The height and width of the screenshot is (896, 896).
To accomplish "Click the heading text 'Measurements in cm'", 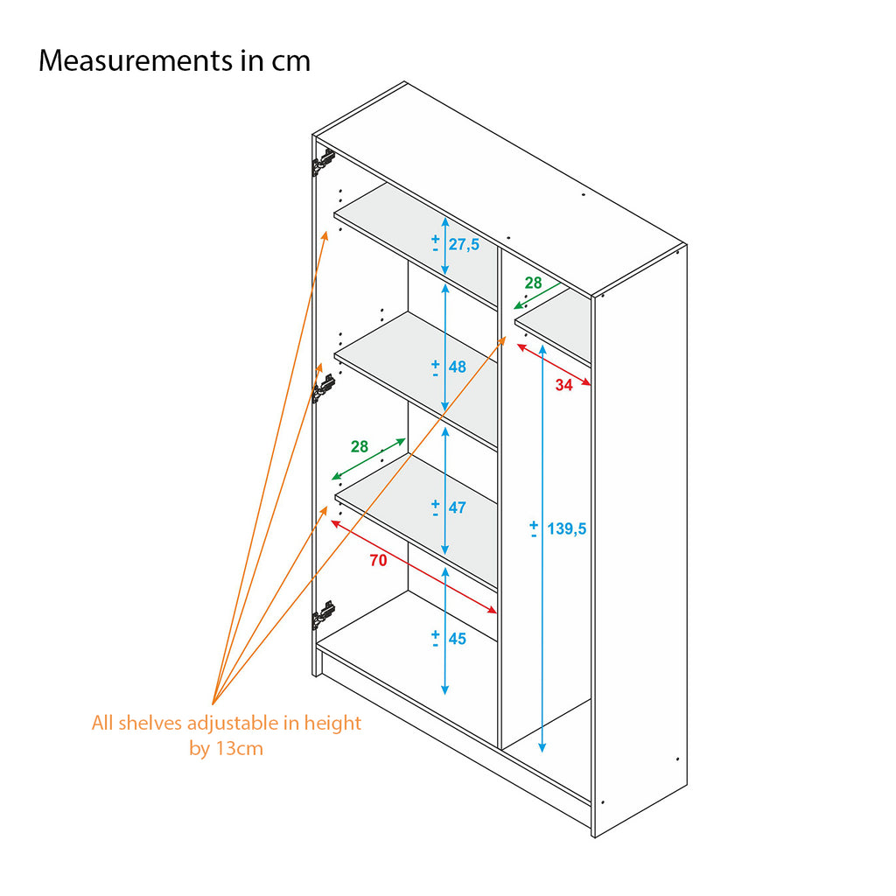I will pyautogui.click(x=174, y=61).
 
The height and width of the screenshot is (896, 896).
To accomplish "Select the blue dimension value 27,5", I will pyautogui.click(x=464, y=244).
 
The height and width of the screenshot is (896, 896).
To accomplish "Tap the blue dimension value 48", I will pyautogui.click(x=458, y=367).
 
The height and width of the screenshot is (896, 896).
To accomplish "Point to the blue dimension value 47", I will pyautogui.click(x=458, y=507).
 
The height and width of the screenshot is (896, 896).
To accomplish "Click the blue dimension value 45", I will pyautogui.click(x=458, y=639).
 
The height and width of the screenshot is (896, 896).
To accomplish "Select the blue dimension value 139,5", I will pyautogui.click(x=566, y=528).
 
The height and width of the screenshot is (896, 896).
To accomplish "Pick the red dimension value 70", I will pyautogui.click(x=378, y=561).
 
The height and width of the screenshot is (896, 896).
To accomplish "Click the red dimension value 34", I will pyautogui.click(x=563, y=384).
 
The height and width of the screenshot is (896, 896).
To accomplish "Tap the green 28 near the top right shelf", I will pyautogui.click(x=533, y=283).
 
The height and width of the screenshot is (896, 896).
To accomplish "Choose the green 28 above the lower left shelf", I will pyautogui.click(x=360, y=446).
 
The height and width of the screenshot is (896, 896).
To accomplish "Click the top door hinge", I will pyautogui.click(x=324, y=162).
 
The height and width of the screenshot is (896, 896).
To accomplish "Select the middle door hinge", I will pyautogui.click(x=324, y=387).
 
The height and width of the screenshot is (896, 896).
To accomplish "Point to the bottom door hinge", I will pyautogui.click(x=324, y=615).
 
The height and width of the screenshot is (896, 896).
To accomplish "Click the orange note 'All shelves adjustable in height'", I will pyautogui.click(x=227, y=724).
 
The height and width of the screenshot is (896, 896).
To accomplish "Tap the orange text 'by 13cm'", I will pyautogui.click(x=227, y=749).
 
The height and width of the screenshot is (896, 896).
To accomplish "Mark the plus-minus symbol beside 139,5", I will pyautogui.click(x=534, y=528).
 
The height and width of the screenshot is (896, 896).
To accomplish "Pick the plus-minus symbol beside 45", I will pyautogui.click(x=435, y=639).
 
